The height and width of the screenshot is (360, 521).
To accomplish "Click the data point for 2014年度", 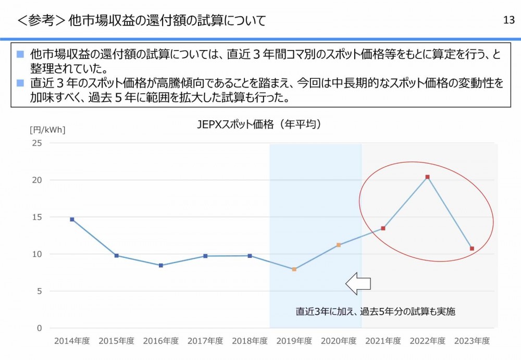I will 72,219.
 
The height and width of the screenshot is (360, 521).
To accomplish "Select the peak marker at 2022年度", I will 427,177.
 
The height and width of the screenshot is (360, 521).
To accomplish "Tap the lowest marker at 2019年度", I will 294,269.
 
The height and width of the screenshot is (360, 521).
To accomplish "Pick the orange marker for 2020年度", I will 338,245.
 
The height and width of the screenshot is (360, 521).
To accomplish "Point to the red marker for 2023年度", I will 472,249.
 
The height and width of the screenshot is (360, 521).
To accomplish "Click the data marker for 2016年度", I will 160,265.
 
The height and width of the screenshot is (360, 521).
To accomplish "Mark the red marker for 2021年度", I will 383,228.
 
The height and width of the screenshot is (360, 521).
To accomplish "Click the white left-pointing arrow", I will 358,283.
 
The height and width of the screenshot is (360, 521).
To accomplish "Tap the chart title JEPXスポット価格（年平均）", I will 259,125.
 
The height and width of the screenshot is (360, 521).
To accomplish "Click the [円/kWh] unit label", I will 47,130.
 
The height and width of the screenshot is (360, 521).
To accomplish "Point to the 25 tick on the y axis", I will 37,143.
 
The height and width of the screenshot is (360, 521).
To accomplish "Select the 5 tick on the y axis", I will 39,291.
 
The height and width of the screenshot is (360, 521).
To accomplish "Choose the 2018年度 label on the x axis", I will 250,341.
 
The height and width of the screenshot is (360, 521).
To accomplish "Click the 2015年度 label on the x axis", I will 116,341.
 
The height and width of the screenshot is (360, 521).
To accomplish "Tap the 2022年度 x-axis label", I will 427,341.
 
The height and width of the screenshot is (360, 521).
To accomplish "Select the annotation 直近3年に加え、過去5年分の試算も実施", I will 376,312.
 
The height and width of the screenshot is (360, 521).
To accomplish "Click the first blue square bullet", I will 20,54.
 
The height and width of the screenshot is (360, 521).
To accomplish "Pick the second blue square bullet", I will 20,83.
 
